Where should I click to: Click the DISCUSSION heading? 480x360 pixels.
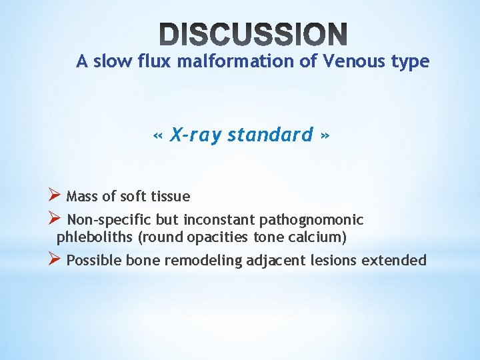[253, 34]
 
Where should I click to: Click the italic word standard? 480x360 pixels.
[270, 135]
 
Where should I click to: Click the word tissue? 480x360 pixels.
[171, 197]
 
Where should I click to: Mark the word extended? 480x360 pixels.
[393, 260]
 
